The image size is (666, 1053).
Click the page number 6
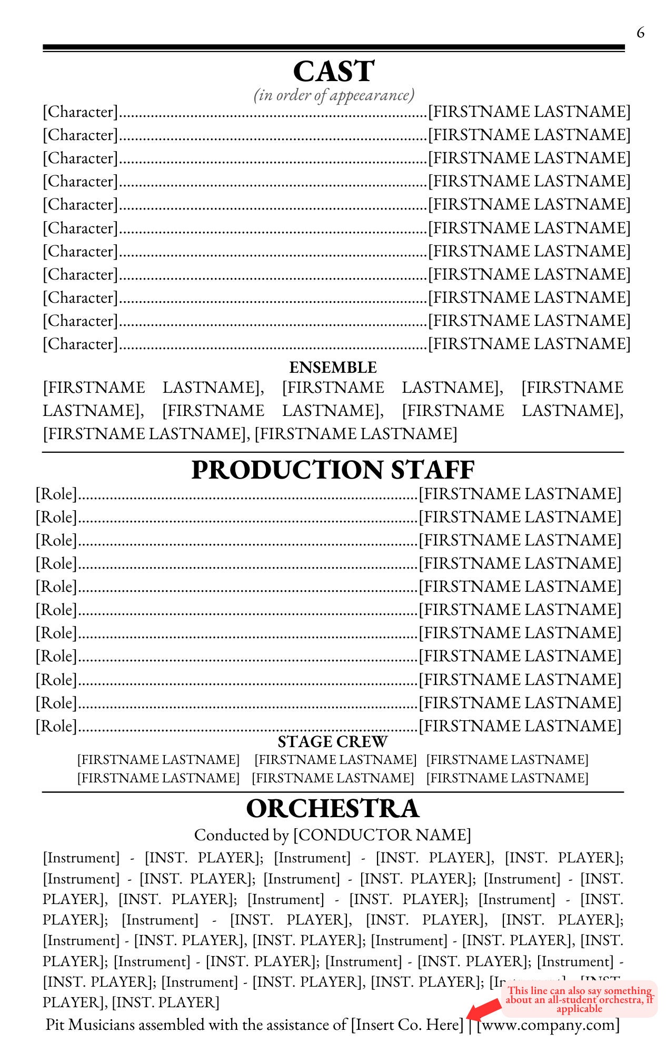pyautogui.click(x=640, y=33)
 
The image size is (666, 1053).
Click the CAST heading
pyautogui.click(x=333, y=71)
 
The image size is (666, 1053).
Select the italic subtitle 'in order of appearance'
pyautogui.click(x=334, y=95)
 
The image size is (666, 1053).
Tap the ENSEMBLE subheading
pyautogui.click(x=333, y=367)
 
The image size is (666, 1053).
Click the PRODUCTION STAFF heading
pyautogui.click(x=333, y=470)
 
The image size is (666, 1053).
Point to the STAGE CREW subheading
pyautogui.click(x=333, y=742)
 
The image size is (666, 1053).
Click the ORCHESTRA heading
pyautogui.click(x=333, y=809)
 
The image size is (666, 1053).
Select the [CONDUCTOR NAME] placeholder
pyautogui.click(x=382, y=835)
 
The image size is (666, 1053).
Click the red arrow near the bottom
pyautogui.click(x=483, y=1010)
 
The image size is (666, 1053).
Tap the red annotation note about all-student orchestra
pyautogui.click(x=579, y=999)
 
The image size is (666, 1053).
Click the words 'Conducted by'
pyautogui.click(x=242, y=835)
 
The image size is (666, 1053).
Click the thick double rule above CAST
pyautogui.click(x=333, y=48)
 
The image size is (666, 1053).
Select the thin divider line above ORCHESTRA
pyautogui.click(x=333, y=792)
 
